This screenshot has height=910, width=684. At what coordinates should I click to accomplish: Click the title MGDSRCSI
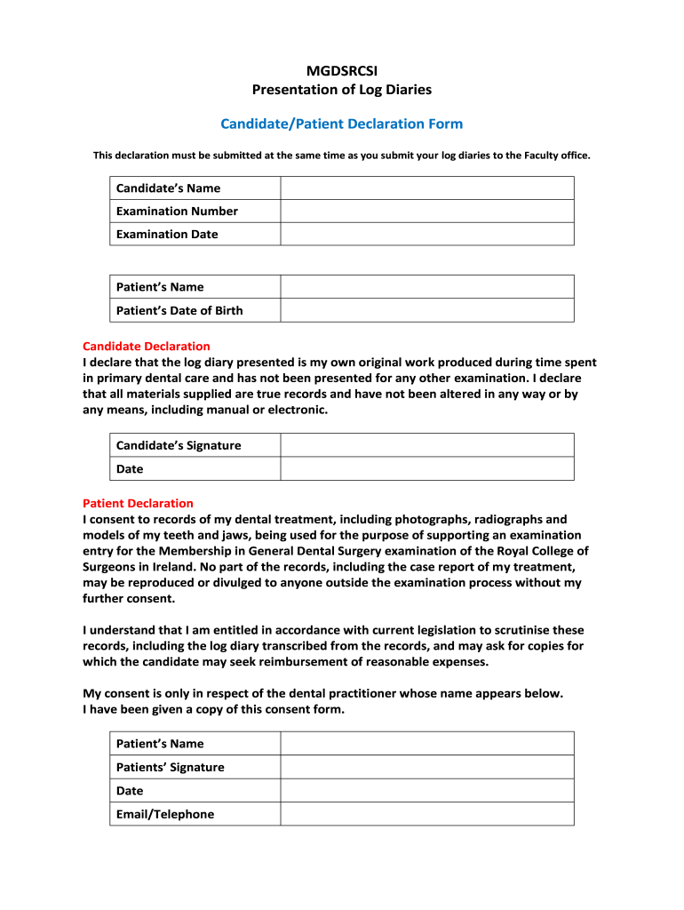point(341,71)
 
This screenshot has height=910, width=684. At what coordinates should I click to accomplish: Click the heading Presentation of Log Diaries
point(342,89)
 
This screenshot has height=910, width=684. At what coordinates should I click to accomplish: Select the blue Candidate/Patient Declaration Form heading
point(342,124)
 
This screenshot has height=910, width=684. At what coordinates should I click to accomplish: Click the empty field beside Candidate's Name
point(426,188)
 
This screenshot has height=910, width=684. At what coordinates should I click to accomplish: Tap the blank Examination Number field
point(426,212)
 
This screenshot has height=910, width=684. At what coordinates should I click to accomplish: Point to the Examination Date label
point(167,235)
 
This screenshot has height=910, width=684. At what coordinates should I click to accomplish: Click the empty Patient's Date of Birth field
point(426,310)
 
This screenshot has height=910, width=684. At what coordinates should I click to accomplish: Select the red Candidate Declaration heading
point(146,346)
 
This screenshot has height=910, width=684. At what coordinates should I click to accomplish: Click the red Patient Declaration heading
point(138,503)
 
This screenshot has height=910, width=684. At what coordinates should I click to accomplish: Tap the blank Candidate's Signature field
point(426,445)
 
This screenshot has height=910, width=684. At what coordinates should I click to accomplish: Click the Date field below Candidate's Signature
point(426,468)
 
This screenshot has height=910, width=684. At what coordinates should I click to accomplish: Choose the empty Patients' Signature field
point(426,767)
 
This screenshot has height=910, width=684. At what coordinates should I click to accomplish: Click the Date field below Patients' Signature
point(426,790)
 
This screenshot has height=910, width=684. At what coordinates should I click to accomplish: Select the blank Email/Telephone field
point(426,814)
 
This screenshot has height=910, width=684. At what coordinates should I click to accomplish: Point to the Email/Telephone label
point(165,814)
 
